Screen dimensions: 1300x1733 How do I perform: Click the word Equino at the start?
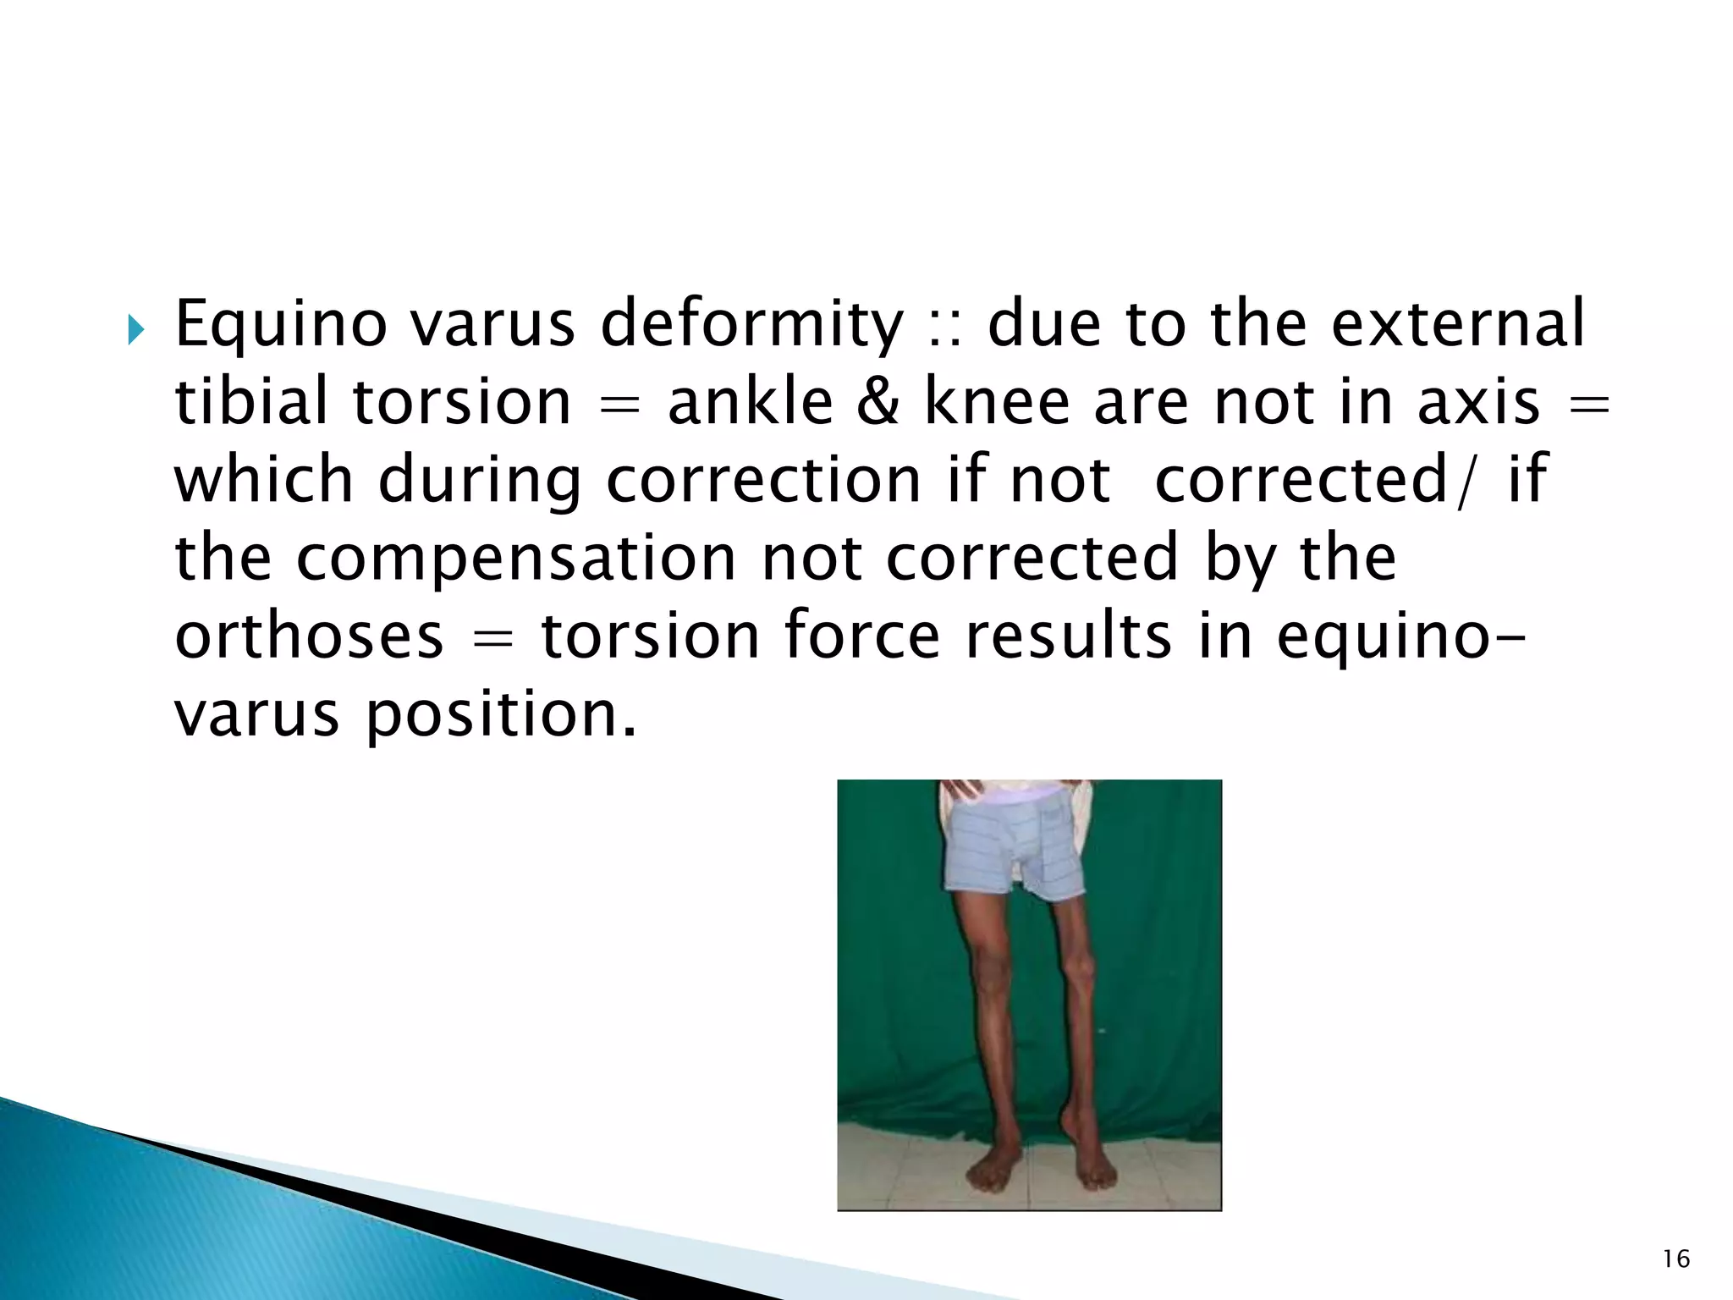click(x=280, y=326)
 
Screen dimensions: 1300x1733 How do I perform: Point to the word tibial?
click(x=254, y=402)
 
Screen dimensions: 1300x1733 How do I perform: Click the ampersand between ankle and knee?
click(x=881, y=402)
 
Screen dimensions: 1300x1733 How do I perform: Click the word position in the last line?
click(x=500, y=713)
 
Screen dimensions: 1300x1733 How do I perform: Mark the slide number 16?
click(x=1675, y=1260)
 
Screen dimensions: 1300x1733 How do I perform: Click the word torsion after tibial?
click(x=462, y=402)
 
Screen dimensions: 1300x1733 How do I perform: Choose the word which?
click(x=263, y=481)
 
